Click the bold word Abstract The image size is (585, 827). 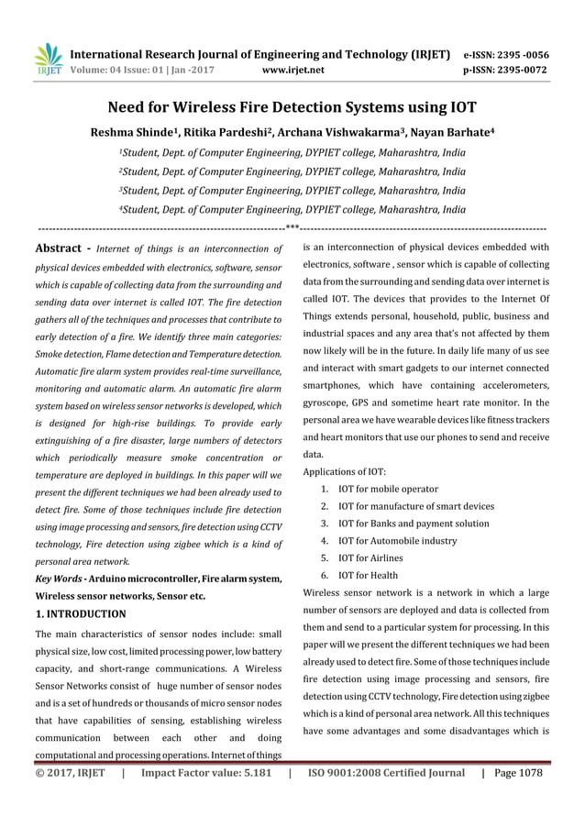pyautogui.click(x=61, y=248)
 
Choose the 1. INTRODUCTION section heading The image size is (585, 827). pyautogui.click(x=80, y=613)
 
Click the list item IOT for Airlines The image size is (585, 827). pyautogui.click(x=370, y=557)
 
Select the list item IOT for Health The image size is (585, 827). pyautogui.click(x=368, y=575)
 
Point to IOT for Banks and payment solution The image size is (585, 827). pyautogui.click(x=414, y=524)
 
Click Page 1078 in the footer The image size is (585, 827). pyautogui.click(x=517, y=773)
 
